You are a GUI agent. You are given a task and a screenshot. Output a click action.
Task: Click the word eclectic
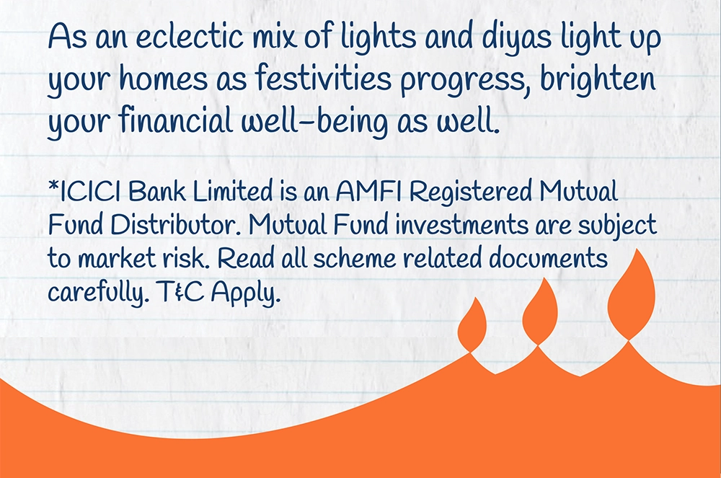point(190,36)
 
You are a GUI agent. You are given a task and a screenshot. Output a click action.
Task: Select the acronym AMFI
point(368,192)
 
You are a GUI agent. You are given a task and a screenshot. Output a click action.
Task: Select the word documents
point(548,259)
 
